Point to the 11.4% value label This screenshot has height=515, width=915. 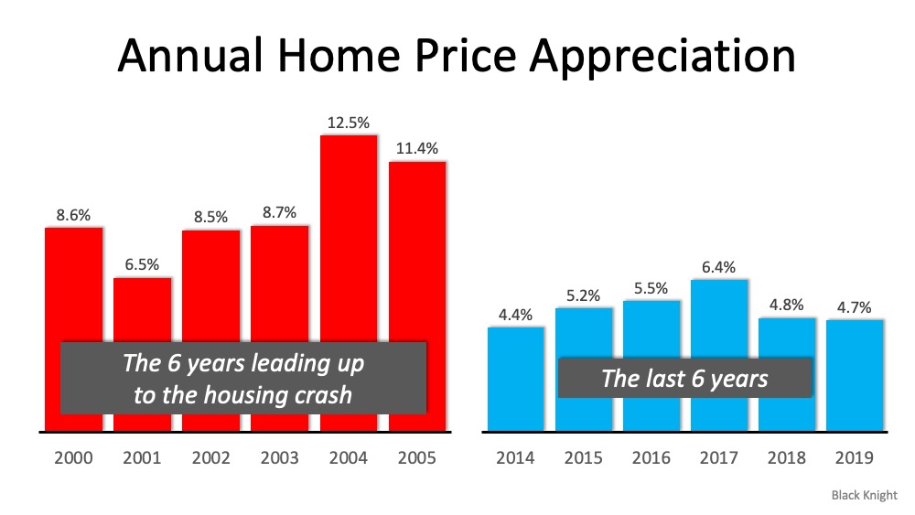tap(416, 148)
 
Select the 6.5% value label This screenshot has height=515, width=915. tap(142, 264)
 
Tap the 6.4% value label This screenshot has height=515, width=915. tap(719, 266)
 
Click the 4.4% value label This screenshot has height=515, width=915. tap(515, 313)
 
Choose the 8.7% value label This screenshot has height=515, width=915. tap(279, 211)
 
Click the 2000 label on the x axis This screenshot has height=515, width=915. tap(73, 458)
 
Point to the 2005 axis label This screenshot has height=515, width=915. tap(416, 458)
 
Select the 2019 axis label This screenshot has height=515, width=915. tap(855, 458)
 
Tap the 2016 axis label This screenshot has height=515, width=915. tap(651, 458)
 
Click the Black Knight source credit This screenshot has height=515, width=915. tap(864, 495)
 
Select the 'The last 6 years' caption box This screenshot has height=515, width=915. tap(684, 377)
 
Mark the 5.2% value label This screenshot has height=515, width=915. tap(584, 295)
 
